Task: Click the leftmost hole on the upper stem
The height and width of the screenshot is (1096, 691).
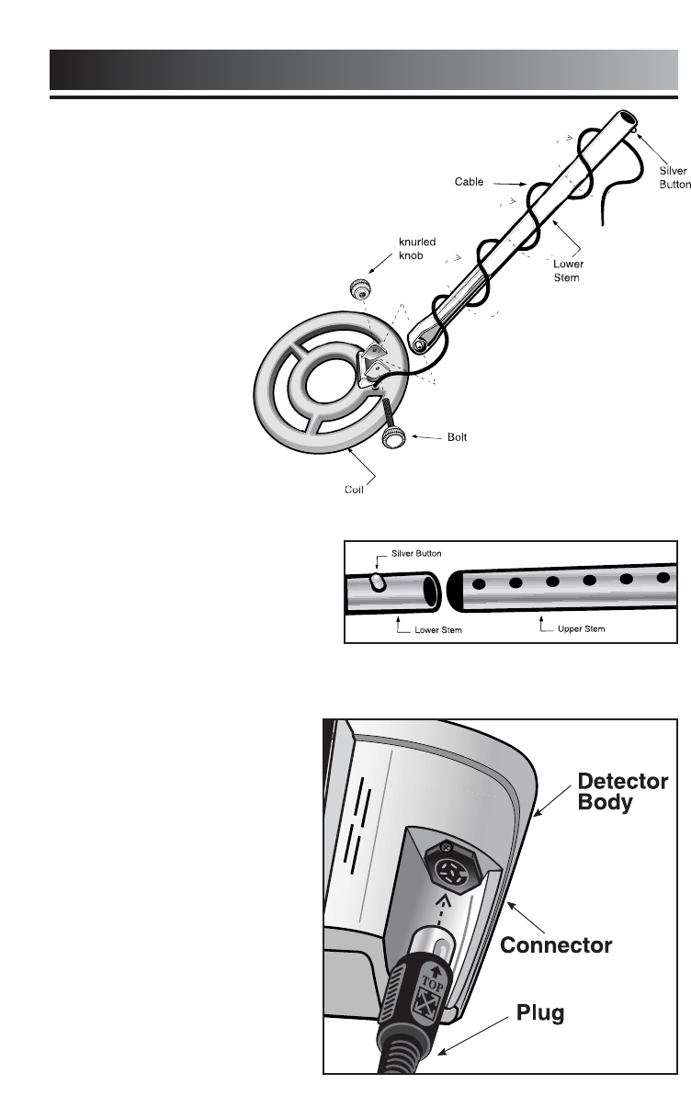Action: click(x=479, y=582)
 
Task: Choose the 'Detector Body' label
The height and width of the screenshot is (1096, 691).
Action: click(x=622, y=791)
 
